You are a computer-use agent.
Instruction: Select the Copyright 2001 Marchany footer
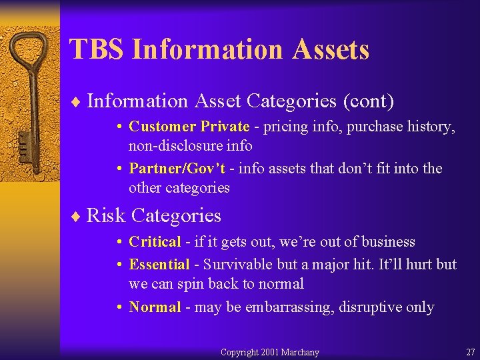[x=269, y=352]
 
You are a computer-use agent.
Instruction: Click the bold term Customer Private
[x=189, y=127]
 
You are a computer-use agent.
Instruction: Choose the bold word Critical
[x=155, y=242]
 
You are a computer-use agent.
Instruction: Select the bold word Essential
[x=159, y=265]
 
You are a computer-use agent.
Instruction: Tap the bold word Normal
[x=155, y=307]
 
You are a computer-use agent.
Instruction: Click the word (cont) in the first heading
[x=368, y=101]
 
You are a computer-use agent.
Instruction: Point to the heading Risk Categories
[x=154, y=216]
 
